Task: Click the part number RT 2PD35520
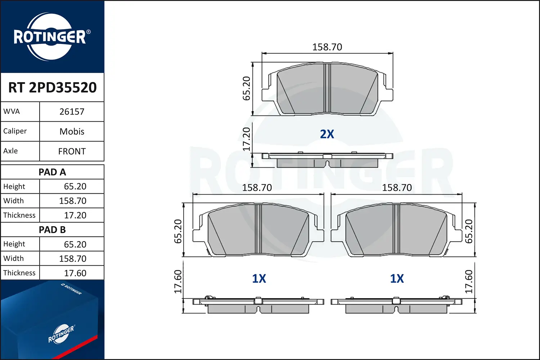click(x=52, y=87)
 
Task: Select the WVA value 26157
click(x=72, y=112)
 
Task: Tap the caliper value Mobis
click(x=72, y=131)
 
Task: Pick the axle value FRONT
click(x=72, y=152)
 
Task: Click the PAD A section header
click(x=52, y=172)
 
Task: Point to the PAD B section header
click(x=52, y=230)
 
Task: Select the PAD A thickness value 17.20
click(x=75, y=215)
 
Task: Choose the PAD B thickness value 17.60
click(x=75, y=273)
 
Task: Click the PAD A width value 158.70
click(x=73, y=201)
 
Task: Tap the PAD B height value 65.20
click(x=75, y=244)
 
